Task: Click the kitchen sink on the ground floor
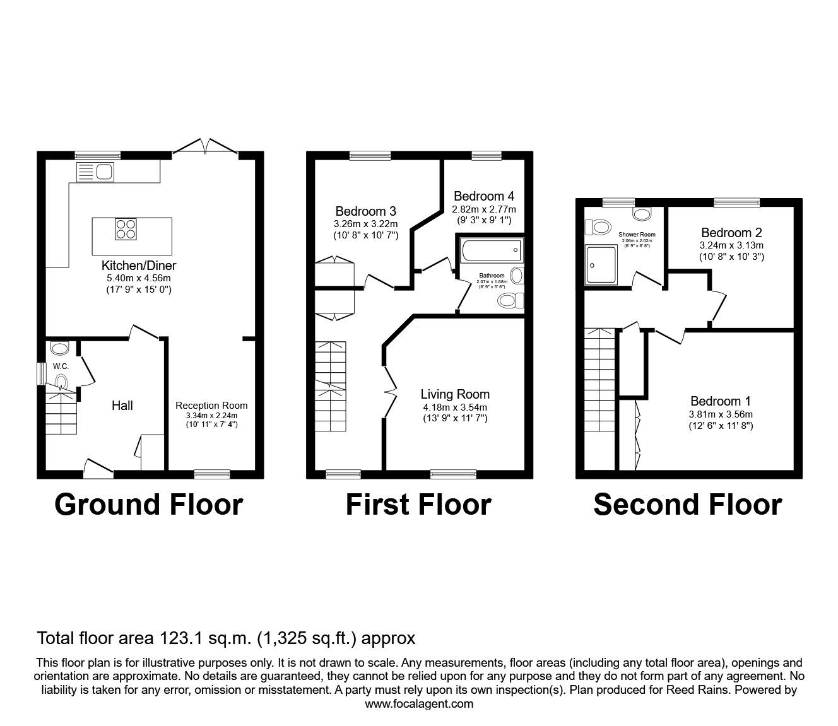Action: tap(94, 172)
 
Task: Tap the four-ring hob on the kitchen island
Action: tap(126, 228)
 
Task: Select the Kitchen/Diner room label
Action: tap(139, 266)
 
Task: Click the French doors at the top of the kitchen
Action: tap(205, 146)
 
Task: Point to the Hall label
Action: tap(122, 406)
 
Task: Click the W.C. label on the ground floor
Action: tap(61, 366)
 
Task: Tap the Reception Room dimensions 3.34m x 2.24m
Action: tap(211, 416)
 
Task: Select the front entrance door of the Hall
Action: tap(98, 467)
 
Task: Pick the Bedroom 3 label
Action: tap(365, 211)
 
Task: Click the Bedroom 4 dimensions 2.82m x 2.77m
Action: tap(483, 209)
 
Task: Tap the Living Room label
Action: tap(455, 394)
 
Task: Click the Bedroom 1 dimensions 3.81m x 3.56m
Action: tap(721, 414)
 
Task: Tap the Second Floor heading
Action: tap(687, 505)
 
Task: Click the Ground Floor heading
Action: tap(148, 505)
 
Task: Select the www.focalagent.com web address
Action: tap(419, 704)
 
